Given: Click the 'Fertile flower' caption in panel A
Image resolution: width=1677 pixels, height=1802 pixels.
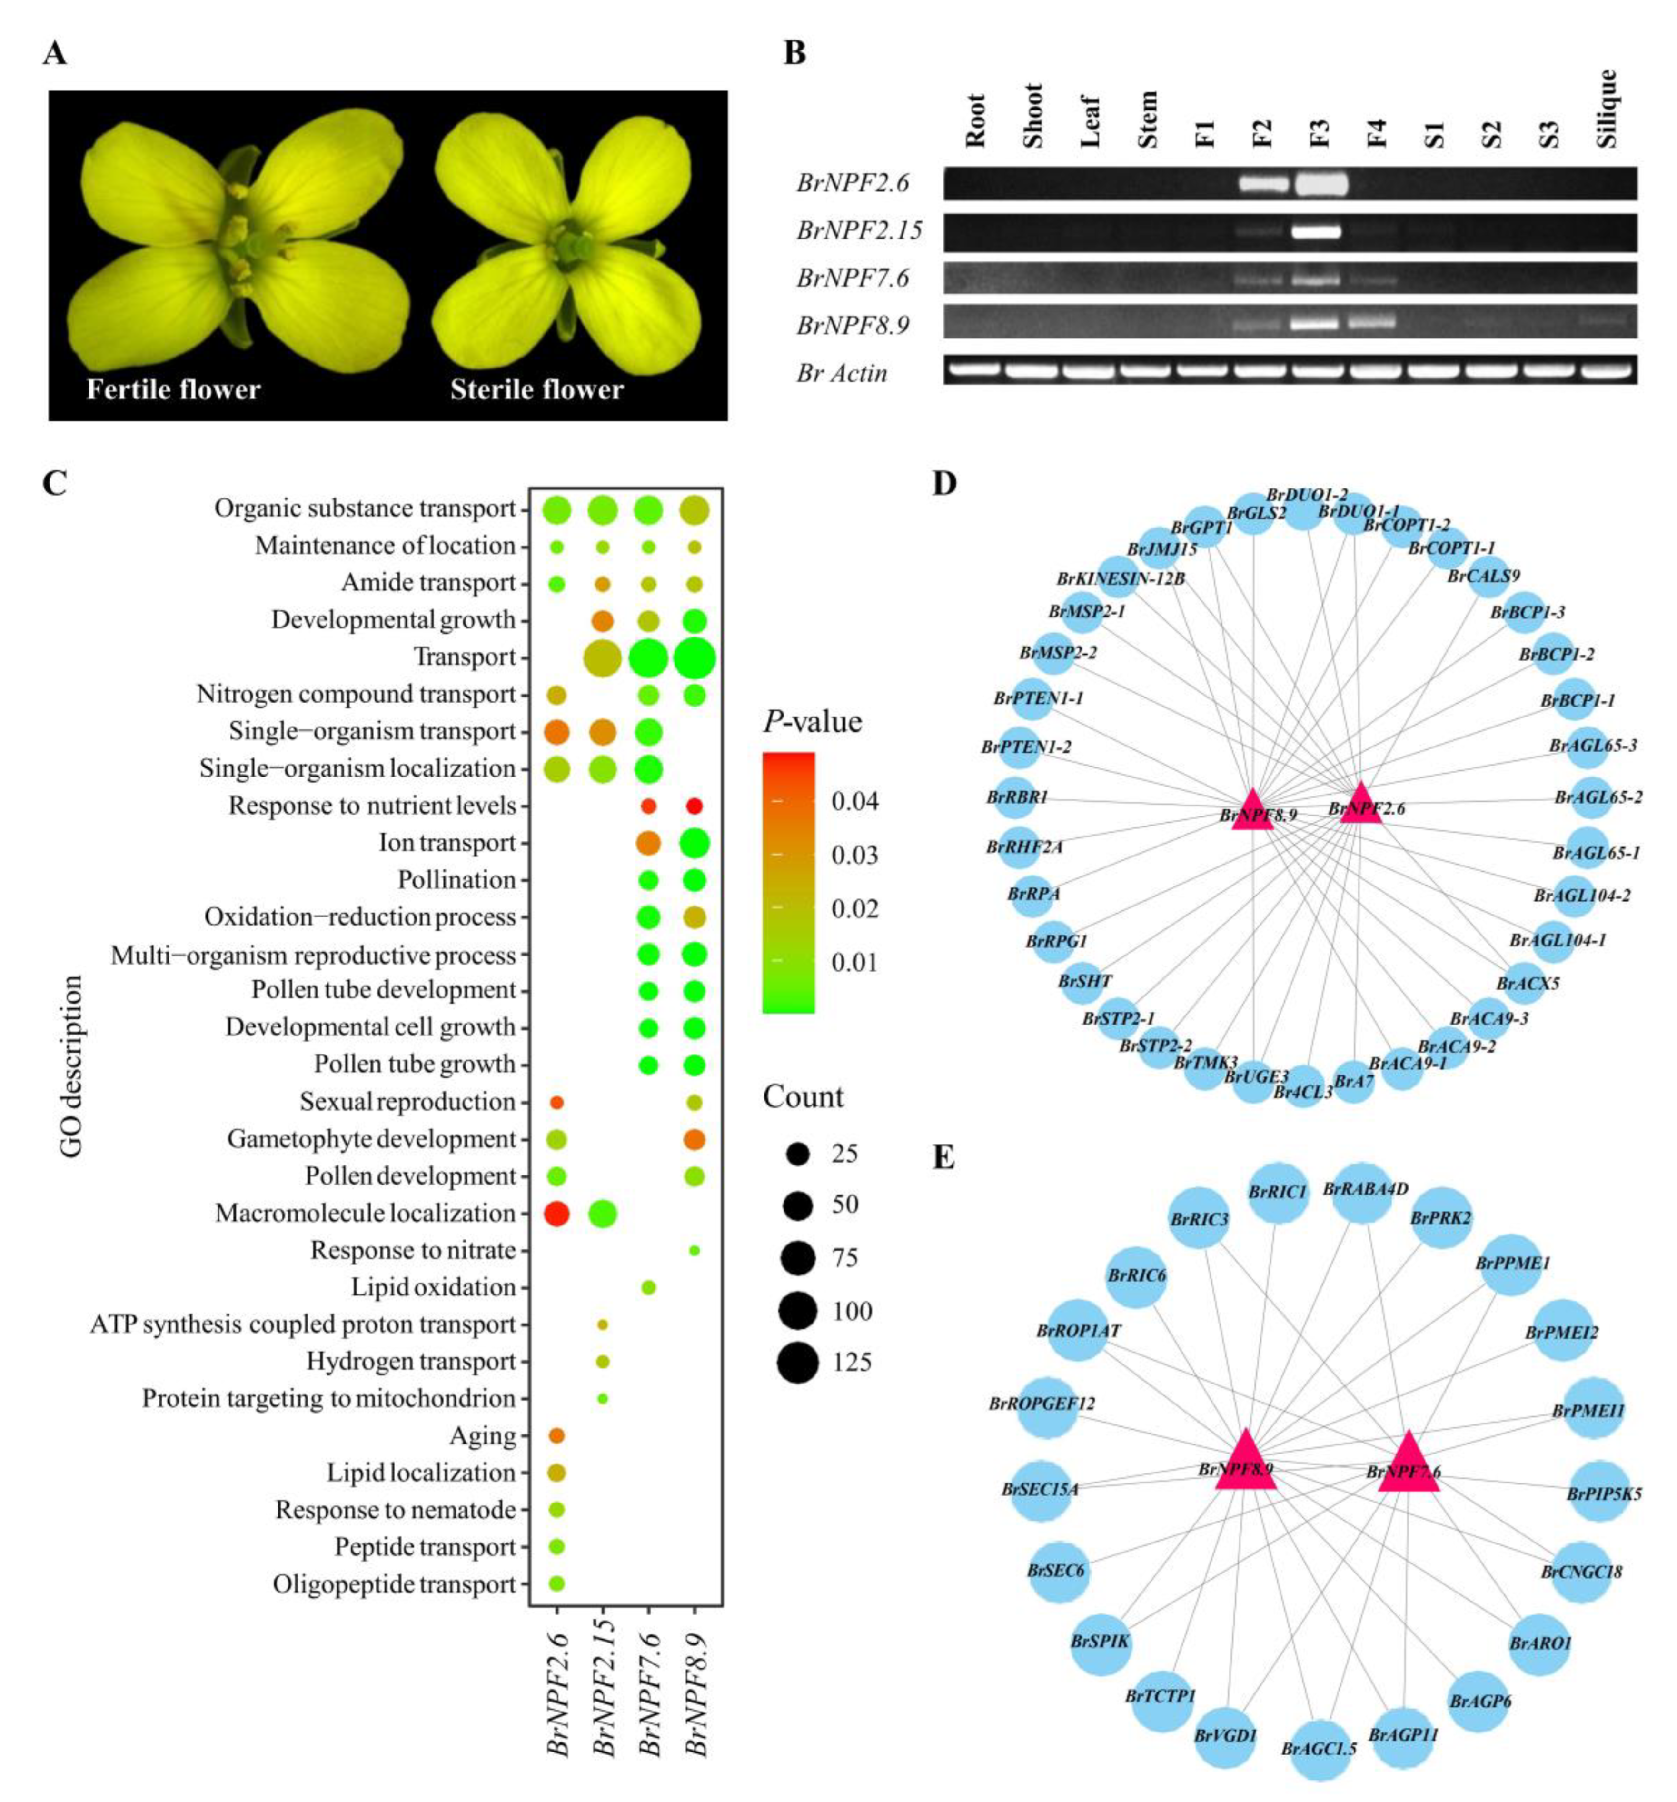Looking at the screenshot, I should click(x=173, y=390).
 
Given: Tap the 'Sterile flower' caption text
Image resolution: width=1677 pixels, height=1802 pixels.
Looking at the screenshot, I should click(x=536, y=390).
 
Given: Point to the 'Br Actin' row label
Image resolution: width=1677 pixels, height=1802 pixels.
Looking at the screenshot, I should click(x=841, y=373).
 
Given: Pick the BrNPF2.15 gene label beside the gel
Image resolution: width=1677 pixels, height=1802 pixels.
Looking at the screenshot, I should click(x=858, y=231).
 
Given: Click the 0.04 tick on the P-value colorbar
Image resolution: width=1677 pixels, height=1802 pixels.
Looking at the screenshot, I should click(x=854, y=801).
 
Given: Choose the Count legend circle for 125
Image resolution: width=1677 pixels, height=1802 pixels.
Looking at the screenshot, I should click(x=798, y=1363).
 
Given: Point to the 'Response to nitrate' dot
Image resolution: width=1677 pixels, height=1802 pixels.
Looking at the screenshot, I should click(x=695, y=1251).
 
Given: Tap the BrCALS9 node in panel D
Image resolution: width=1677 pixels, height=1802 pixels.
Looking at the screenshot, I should click(x=1487, y=577).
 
